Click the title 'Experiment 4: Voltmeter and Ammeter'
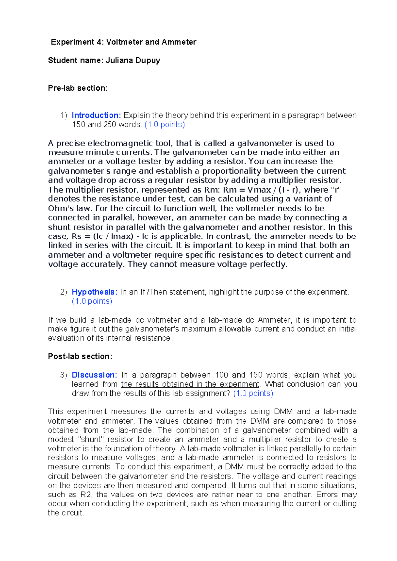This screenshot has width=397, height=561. pos(123,42)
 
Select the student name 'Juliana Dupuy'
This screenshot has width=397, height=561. pos(133,60)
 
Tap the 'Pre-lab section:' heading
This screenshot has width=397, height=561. pos(78,88)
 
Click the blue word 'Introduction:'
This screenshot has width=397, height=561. pos(97,115)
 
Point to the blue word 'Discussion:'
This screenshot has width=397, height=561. pos(94,375)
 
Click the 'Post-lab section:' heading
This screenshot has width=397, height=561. pos(80,356)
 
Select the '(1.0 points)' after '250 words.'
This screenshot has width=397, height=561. pos(165,125)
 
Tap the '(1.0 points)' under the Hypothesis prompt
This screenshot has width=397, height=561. pos(92,301)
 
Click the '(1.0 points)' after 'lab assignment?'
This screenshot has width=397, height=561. pos(253,393)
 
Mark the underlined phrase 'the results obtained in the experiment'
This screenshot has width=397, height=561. pos(190,384)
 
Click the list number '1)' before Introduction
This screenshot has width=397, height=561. pos(64,115)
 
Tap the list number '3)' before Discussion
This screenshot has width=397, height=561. pos(64,375)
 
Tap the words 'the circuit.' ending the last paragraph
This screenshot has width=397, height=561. pos(66,513)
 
